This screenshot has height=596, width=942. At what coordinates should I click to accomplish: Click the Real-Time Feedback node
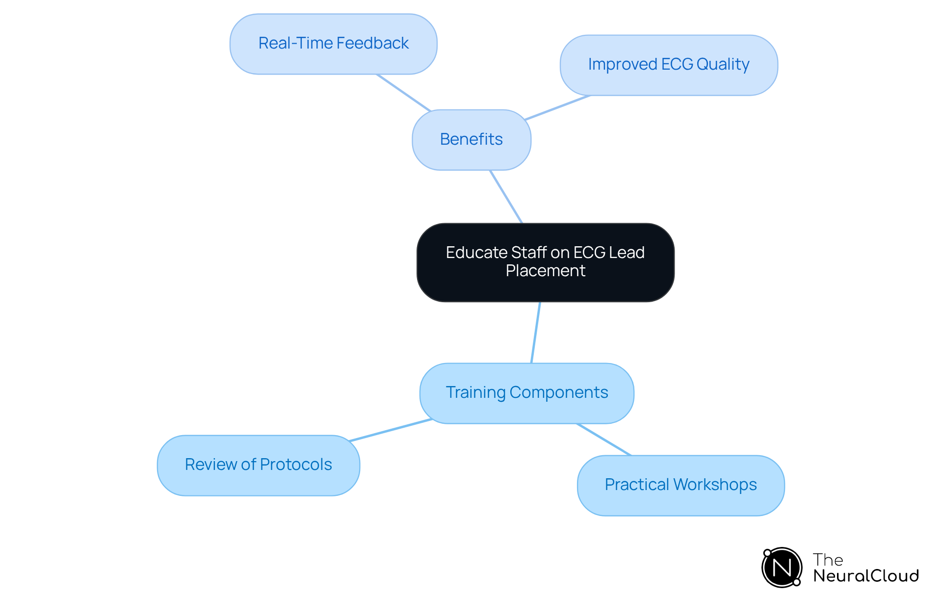333,44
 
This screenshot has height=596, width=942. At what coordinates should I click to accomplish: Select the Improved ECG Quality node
668,65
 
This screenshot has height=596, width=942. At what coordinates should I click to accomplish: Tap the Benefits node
471,140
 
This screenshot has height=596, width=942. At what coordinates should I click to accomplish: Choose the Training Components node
526,393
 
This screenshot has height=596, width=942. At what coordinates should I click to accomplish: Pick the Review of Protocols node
258,465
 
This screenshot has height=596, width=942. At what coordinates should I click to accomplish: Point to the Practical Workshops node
680,485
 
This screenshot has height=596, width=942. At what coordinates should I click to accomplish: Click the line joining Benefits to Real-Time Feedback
403,92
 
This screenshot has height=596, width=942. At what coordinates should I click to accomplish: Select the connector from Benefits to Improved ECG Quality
557,107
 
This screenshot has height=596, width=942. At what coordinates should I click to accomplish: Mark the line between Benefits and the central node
506,197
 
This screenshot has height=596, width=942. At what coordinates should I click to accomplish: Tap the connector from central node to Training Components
536,332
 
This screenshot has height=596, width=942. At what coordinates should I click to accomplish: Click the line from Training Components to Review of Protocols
391,430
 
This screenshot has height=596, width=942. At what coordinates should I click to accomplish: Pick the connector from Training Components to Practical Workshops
604,440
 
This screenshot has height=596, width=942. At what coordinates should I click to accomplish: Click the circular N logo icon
782,568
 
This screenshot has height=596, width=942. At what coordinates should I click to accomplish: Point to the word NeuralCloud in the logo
866,576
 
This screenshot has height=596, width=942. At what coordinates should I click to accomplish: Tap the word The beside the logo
828,560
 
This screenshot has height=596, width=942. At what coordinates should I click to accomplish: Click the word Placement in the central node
545,271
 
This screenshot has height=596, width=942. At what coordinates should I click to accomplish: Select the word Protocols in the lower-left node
296,465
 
